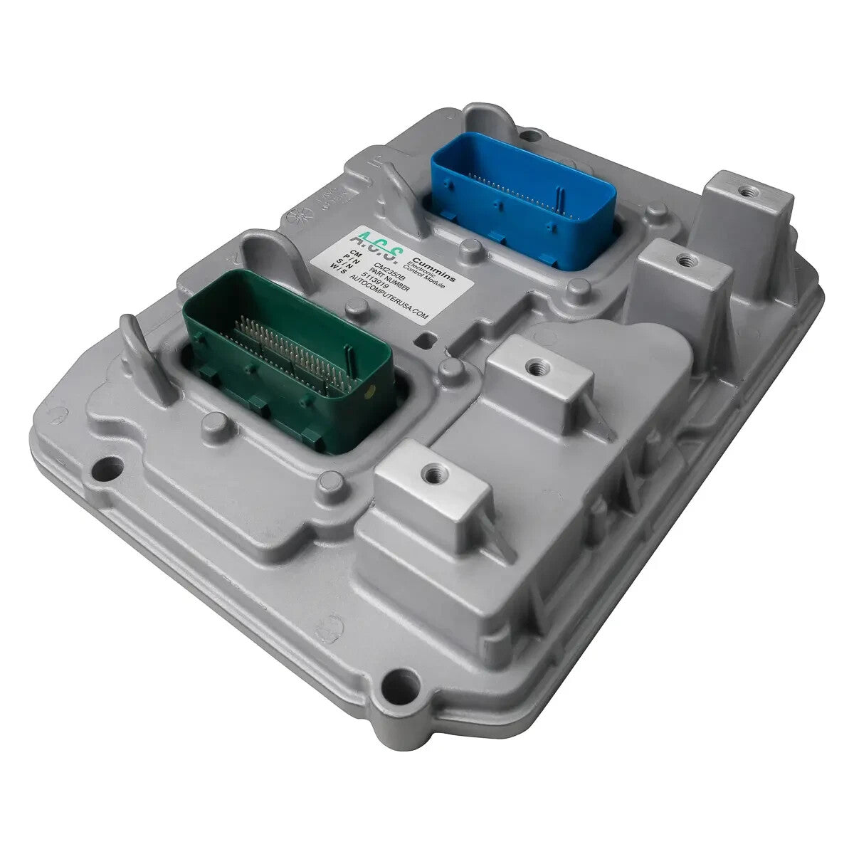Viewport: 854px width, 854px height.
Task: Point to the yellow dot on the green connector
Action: pyautogui.click(x=367, y=391)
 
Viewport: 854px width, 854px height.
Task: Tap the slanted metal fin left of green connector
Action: pyautogui.click(x=146, y=356)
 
